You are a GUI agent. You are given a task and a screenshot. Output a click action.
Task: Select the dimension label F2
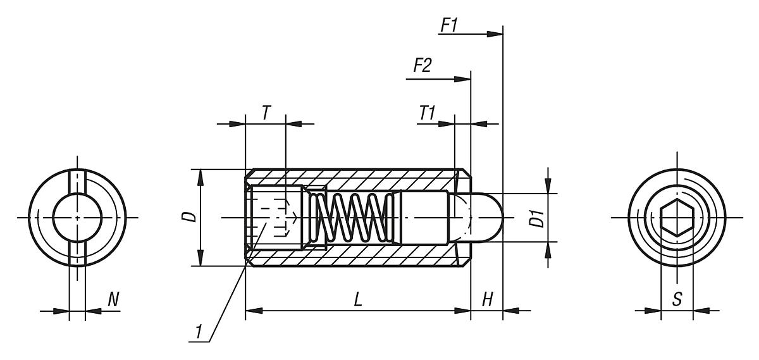(422, 66)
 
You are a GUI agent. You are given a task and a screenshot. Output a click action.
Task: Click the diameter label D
(192, 217)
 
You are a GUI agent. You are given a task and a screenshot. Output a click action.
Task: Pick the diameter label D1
(538, 218)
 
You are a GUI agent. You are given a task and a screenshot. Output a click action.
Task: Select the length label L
(358, 300)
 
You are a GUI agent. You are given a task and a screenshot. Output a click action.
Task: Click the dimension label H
(487, 300)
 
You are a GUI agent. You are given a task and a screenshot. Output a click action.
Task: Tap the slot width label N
(113, 300)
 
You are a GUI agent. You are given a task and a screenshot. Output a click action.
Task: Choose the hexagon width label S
(677, 300)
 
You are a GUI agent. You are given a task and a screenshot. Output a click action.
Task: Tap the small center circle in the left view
(77, 217)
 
